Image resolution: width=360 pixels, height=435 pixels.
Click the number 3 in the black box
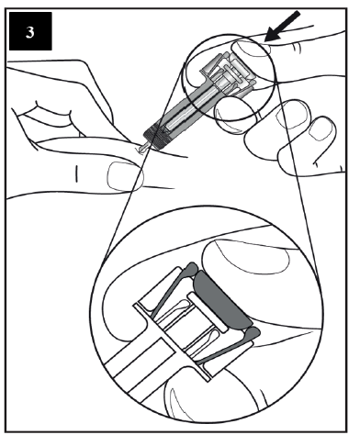(x=29, y=32)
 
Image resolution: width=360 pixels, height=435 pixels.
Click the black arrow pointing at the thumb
(x=282, y=27)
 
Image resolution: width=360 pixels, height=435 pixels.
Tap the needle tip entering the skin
(x=141, y=150)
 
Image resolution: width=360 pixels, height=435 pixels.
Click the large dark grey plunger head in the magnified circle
(x=222, y=299)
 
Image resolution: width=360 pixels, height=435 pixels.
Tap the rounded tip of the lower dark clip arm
(x=253, y=332)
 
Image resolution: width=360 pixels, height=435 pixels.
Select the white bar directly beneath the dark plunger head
(x=208, y=312)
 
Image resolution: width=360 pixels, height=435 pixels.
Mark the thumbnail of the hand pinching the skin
(x=125, y=176)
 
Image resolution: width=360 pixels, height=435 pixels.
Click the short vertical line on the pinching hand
(x=76, y=173)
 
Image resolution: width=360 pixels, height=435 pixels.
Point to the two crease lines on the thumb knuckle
(x=297, y=48)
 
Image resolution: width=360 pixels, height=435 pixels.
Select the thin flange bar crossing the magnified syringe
(x=172, y=342)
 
